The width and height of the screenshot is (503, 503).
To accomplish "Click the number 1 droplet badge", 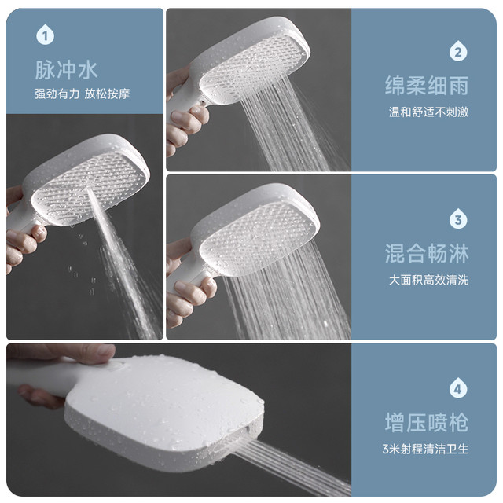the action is pyautogui.click(x=45, y=35).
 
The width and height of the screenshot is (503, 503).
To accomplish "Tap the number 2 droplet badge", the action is pyautogui.click(x=458, y=52).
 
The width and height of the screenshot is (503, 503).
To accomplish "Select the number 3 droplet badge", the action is pyautogui.click(x=458, y=219).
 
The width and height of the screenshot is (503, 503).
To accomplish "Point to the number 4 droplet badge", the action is pyautogui.click(x=458, y=388).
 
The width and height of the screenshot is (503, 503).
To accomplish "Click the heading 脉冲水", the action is pyautogui.click(x=66, y=70).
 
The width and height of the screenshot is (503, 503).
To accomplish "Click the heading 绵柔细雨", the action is pyautogui.click(x=427, y=86).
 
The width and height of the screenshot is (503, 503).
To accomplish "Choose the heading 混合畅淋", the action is pyautogui.click(x=427, y=253).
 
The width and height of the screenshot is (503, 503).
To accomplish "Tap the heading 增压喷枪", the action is pyautogui.click(x=427, y=423).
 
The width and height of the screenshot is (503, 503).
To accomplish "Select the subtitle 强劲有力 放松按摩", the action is pyautogui.click(x=82, y=94).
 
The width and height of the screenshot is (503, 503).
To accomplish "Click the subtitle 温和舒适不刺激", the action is pyautogui.click(x=428, y=112).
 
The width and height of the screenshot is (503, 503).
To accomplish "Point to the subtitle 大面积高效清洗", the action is pyautogui.click(x=428, y=280).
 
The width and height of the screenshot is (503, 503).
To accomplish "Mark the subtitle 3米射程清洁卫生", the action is pyautogui.click(x=425, y=449).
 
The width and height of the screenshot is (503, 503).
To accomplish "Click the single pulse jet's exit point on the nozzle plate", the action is pyautogui.click(x=87, y=189).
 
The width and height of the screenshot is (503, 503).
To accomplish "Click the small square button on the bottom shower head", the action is pyautogui.click(x=118, y=365).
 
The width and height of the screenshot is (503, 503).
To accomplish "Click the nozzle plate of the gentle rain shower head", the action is pyautogui.click(x=252, y=68).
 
